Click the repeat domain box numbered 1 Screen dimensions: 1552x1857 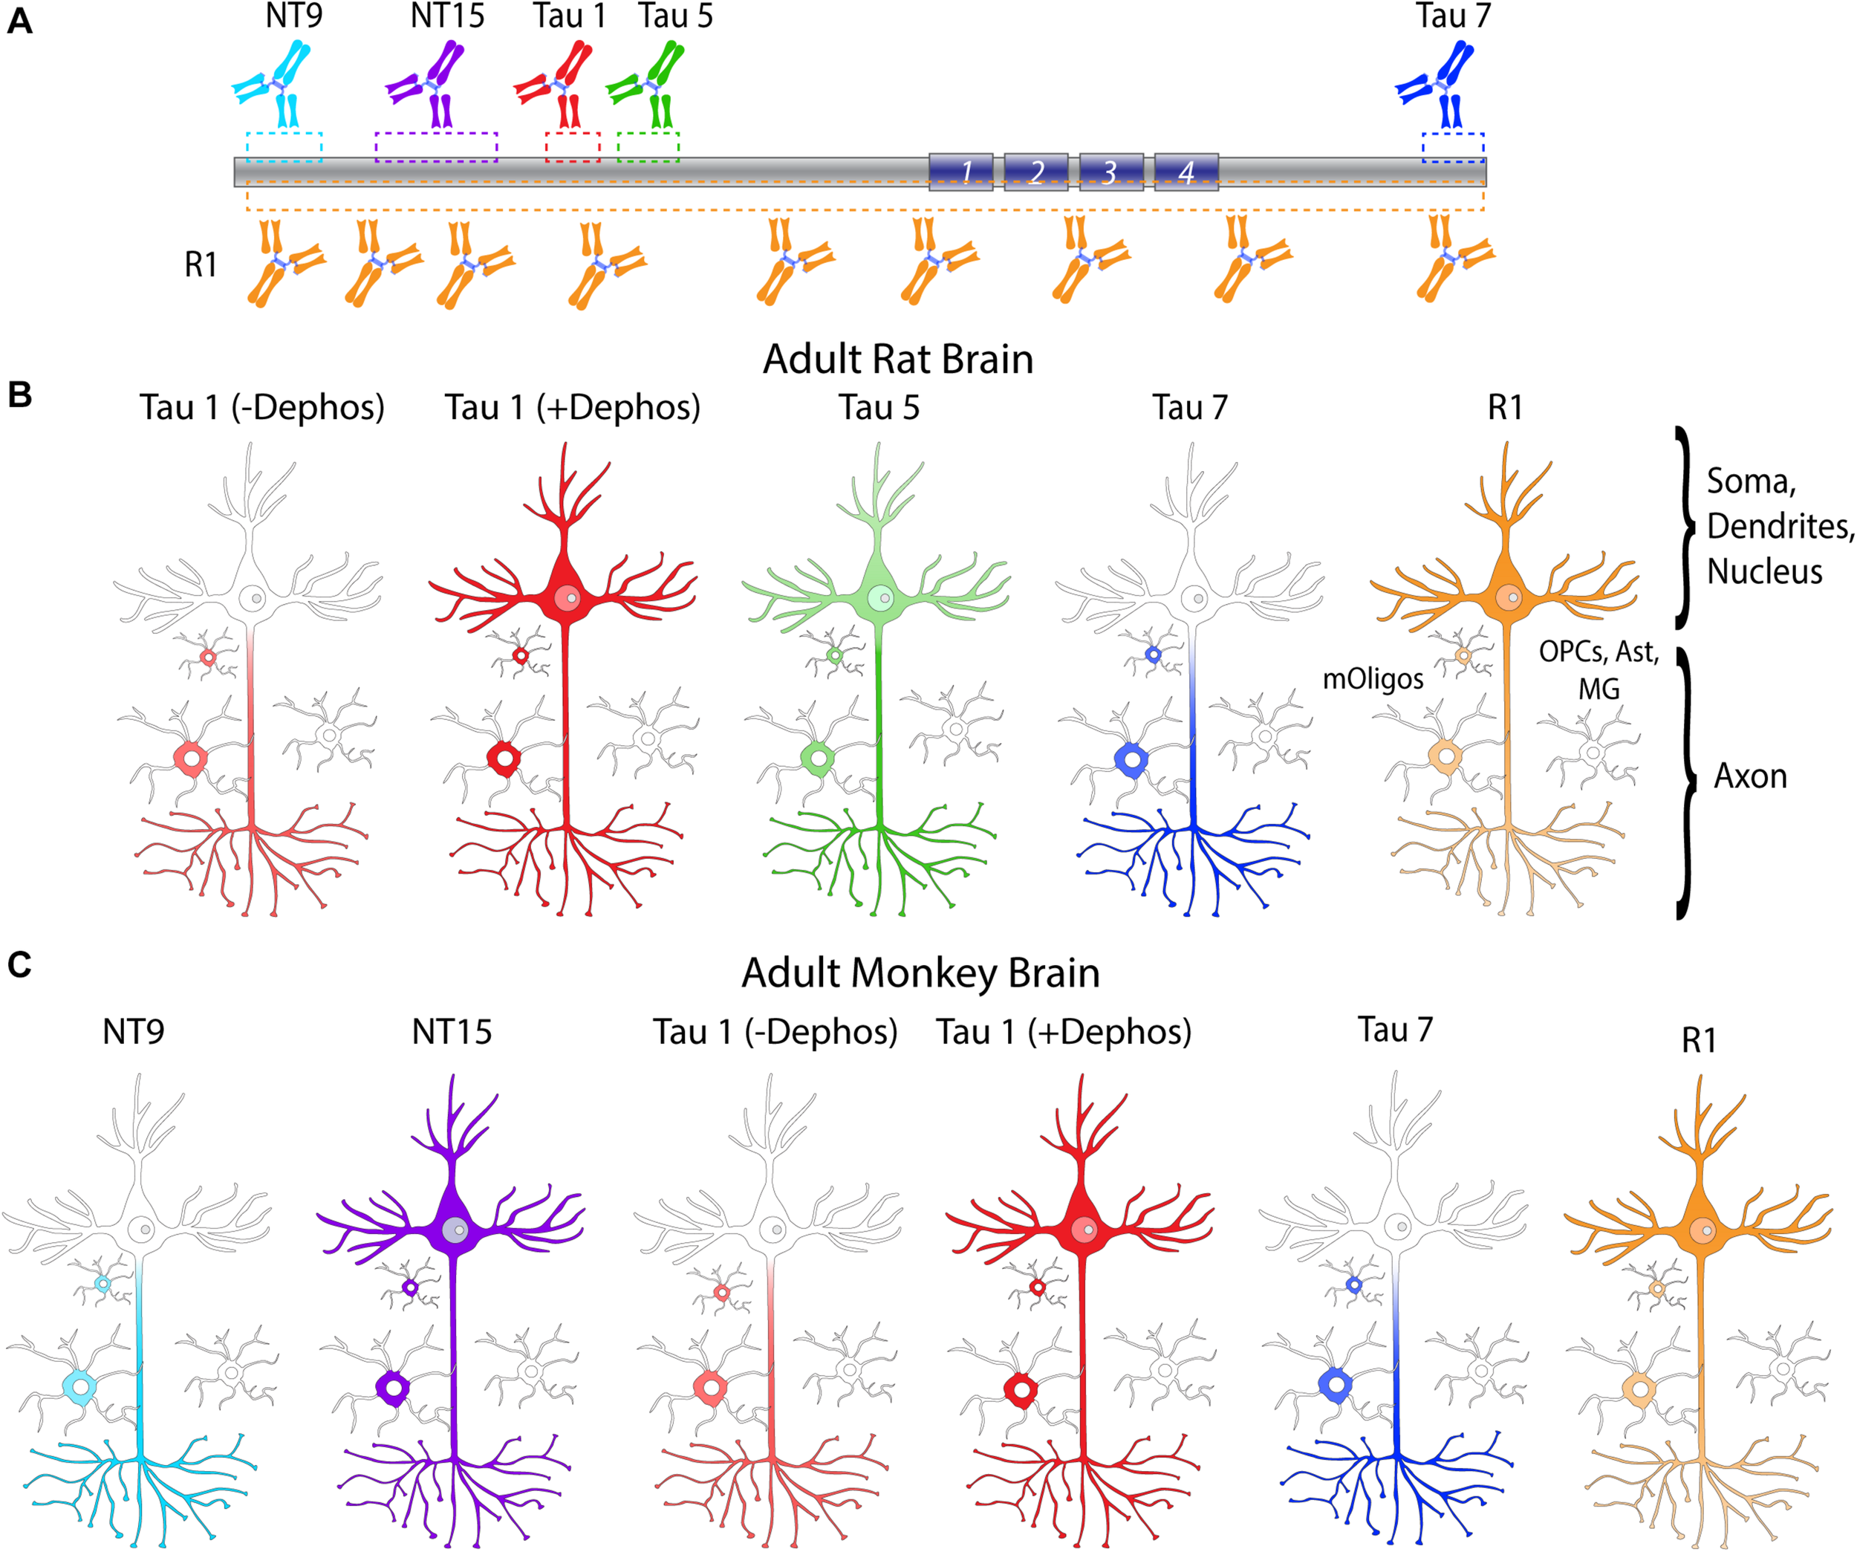pos(961,172)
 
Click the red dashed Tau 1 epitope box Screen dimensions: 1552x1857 pos(573,147)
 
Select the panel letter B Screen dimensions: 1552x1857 pos(19,395)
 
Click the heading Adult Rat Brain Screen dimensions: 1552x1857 pos(897,359)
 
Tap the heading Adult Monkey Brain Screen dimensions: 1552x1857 pos(920,973)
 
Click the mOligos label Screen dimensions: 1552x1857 pos(1373,678)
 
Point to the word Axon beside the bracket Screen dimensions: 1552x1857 pos(1750,776)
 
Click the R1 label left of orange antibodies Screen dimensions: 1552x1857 pos(201,264)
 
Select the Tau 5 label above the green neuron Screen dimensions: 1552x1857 pos(879,408)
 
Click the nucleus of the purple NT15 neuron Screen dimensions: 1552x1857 pos(455,1230)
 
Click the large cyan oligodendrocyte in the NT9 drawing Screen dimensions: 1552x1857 pos(80,1386)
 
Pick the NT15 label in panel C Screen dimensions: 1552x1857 pos(451,1032)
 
